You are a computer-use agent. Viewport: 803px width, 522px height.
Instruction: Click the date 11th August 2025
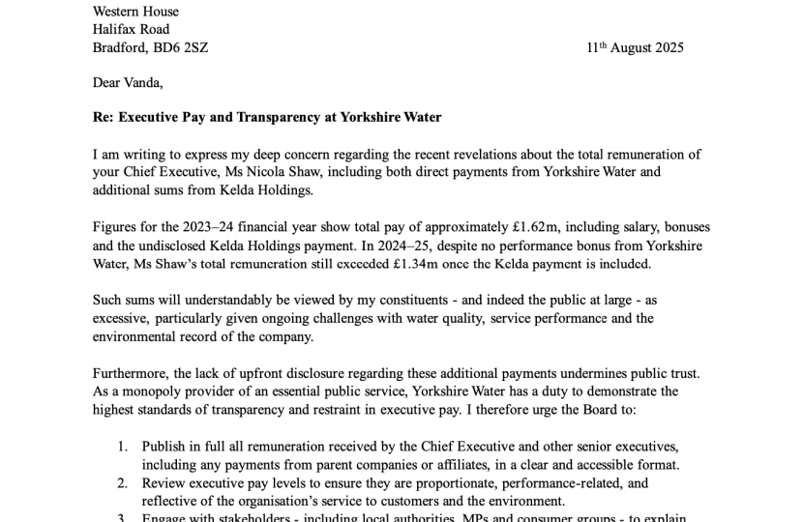(x=635, y=47)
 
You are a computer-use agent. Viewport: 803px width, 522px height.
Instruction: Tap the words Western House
(x=135, y=11)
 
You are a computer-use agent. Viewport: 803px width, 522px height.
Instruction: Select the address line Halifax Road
(x=131, y=29)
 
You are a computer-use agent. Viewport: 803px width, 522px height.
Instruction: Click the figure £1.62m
(x=538, y=227)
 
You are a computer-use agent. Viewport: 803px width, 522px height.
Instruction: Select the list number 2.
(x=122, y=482)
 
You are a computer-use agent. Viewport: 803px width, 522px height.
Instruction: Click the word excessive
(x=122, y=318)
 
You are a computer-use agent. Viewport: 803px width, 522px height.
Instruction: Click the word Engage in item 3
(x=165, y=518)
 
